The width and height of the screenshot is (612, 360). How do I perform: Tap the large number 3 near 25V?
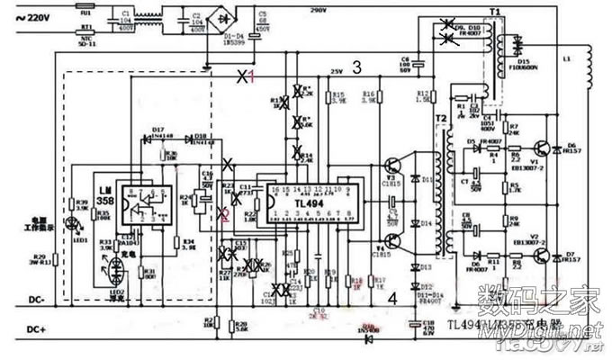pyautogui.click(x=356, y=66)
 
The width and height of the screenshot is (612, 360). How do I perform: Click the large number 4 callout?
pyautogui.click(x=391, y=297)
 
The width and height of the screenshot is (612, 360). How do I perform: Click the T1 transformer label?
pyautogui.click(x=494, y=13)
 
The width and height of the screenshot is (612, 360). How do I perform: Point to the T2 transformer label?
pyautogui.click(x=440, y=120)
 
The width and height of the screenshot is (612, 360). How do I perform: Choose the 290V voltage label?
pyautogui.click(x=318, y=10)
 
